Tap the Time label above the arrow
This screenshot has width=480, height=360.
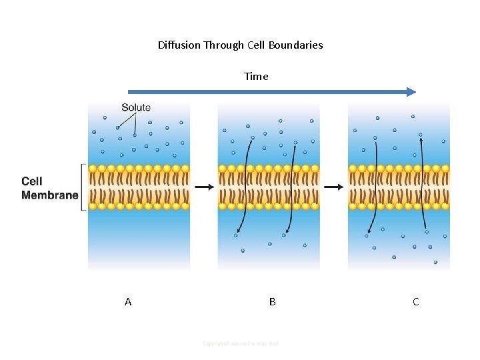pos(256,76)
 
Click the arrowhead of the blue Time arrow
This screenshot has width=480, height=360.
pos(411,92)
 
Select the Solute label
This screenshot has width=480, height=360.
pos(136,107)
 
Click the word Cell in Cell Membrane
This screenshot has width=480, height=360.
pos(32,181)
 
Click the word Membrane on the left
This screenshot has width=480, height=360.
pos(49,195)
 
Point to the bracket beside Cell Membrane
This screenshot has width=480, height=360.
pos(83,187)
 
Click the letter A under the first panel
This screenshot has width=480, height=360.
pos(128,302)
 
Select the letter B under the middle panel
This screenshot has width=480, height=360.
pos(272,302)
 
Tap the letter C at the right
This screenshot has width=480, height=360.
pos(415,302)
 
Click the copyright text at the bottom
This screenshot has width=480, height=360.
pos(240,343)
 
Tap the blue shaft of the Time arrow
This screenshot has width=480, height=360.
pos(267,92)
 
